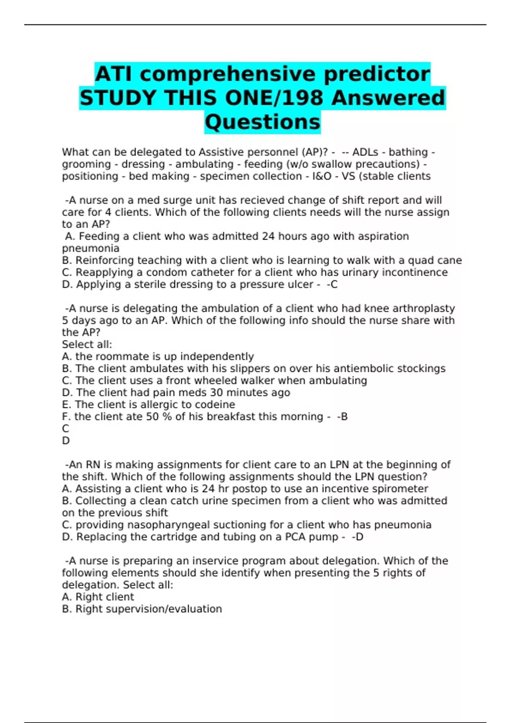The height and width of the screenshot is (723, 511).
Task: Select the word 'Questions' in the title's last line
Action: click(262, 122)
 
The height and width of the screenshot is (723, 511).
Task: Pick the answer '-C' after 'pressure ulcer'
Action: click(332, 285)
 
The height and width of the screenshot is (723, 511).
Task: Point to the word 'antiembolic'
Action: click(364, 369)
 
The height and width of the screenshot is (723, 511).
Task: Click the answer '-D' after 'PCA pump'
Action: click(358, 537)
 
